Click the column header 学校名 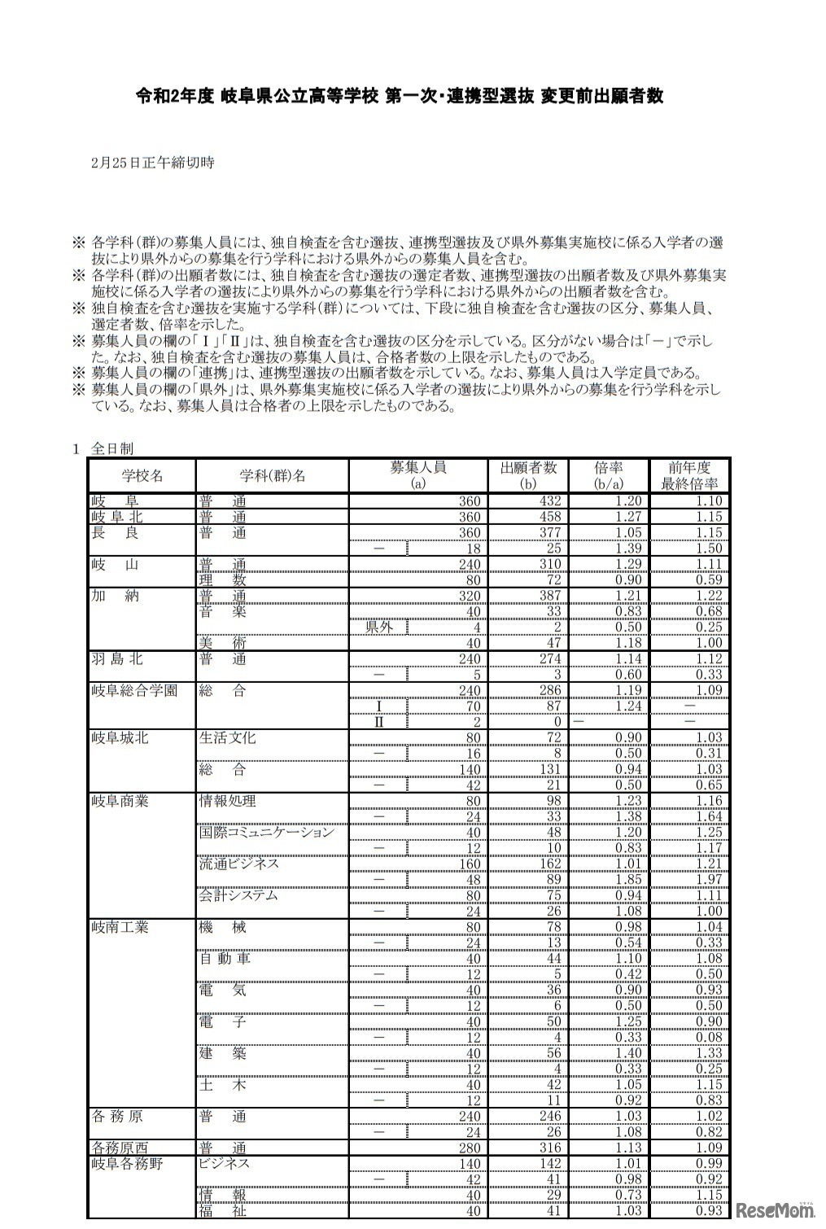pos(142,476)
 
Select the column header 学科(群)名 pos(272,476)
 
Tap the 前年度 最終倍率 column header pos(688,476)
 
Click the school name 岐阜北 pos(114,517)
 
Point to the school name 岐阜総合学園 pos(133,691)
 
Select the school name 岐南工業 pos(120,927)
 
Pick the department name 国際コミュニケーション pos(266,833)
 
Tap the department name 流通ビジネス pos(239,864)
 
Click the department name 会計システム pos(238,895)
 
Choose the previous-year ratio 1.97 pos(708,880)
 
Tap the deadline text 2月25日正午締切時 pos(153,163)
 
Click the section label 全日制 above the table pos(111,448)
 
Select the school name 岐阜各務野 pos(127,1164)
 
